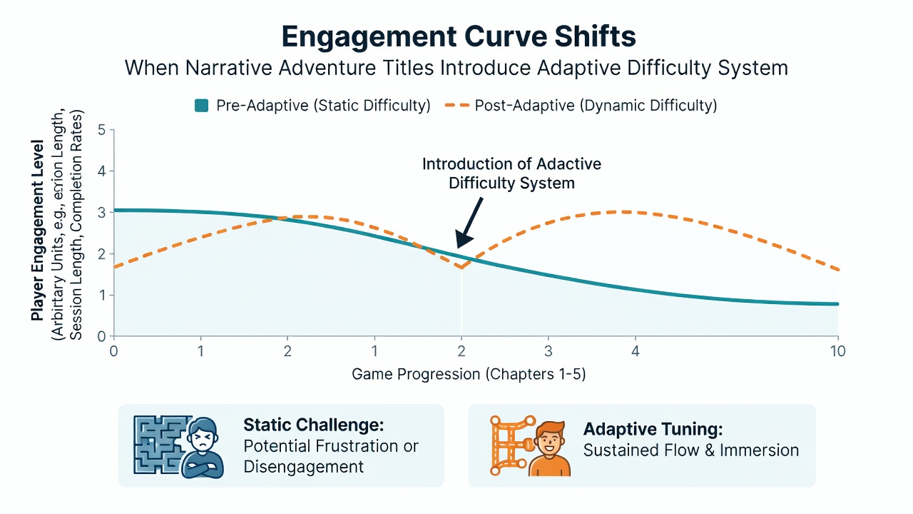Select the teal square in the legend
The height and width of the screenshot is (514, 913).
coord(201,105)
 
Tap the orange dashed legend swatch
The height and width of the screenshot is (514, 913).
coord(457,105)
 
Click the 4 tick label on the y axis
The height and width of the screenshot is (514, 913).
coord(101,171)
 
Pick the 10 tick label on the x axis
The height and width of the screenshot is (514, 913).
coord(838,351)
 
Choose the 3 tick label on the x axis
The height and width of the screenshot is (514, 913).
coord(549,351)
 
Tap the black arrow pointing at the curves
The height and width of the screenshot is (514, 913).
coord(469,223)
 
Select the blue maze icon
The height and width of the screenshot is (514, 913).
coord(162,445)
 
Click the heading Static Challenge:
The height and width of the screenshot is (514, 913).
coord(313,425)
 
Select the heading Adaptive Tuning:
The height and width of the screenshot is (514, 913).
coord(653,429)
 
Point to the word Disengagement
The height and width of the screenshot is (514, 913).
coord(303,467)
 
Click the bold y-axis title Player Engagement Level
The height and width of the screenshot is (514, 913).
coord(38,231)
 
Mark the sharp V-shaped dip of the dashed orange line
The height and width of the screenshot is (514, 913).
coord(461,268)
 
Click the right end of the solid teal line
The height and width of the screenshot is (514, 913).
coord(837,304)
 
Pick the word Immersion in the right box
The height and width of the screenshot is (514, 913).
coord(759,450)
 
